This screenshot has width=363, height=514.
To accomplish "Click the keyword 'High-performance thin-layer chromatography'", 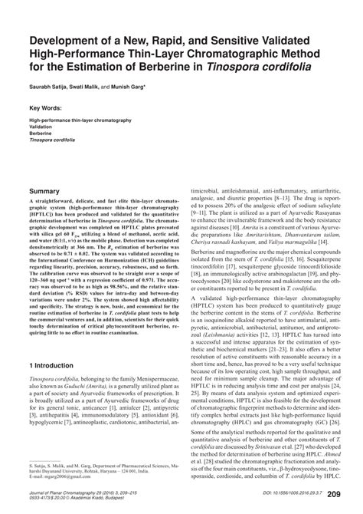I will tap(80, 121).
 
